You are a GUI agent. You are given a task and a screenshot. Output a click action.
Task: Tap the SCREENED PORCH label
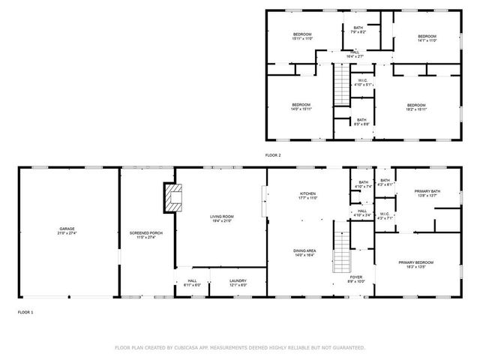146,232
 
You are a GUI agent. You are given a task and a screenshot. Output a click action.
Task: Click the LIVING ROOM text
220,217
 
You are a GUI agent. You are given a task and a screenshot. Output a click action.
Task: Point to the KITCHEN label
308,193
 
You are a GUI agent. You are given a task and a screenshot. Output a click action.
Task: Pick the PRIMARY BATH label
427,191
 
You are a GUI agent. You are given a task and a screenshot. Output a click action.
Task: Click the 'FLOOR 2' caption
273,154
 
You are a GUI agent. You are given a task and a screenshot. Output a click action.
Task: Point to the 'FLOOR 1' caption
25,310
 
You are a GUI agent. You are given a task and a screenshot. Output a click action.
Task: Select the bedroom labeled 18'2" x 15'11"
416,104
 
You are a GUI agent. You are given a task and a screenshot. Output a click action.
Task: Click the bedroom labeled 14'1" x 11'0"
427,36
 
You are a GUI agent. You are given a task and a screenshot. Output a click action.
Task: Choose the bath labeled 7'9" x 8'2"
359,28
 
